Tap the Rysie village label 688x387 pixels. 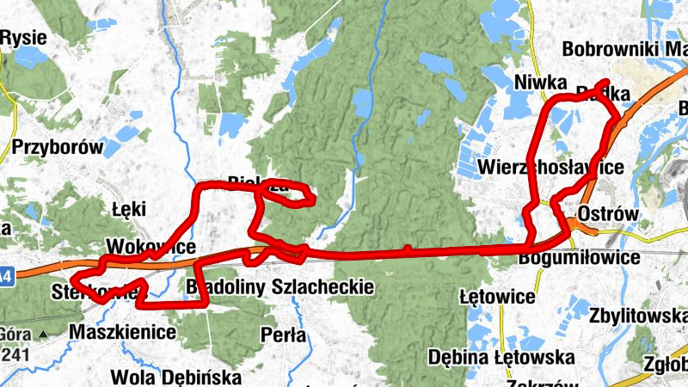click(x=23, y=38)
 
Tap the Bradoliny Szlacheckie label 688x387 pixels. click(x=280, y=286)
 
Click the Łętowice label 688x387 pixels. click(x=497, y=297)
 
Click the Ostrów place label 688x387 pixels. click(x=609, y=213)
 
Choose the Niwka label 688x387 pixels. click(x=540, y=83)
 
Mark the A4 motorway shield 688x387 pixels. click(x=6, y=276)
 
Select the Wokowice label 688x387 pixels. click(x=150, y=247)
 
